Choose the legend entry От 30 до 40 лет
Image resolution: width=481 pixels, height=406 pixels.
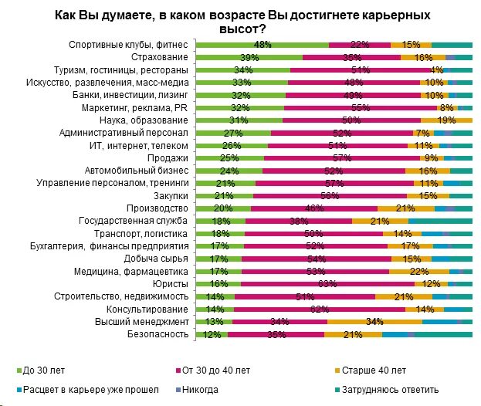(215, 369)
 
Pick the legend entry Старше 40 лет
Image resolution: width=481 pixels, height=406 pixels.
(378, 369)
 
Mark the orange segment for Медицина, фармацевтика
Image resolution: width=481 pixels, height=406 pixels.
(418, 271)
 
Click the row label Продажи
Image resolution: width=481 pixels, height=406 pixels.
(174, 158)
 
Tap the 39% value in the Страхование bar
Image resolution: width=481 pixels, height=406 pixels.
(249, 58)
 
